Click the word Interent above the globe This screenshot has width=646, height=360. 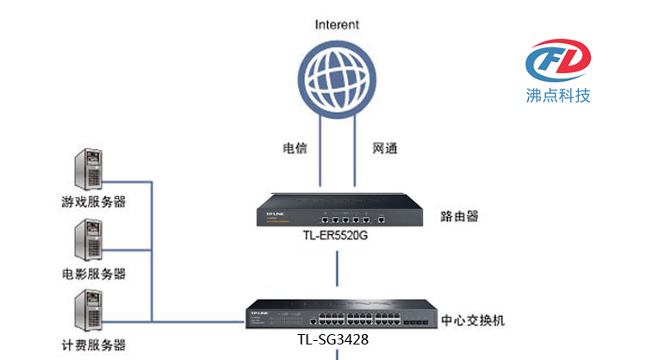[337, 25]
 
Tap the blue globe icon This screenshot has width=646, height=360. [337, 79]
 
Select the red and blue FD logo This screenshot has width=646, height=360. [558, 60]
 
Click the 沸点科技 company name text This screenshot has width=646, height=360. [558, 96]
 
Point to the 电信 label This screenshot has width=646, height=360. [295, 148]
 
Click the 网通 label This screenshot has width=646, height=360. [385, 148]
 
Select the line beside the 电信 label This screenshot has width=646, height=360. [320, 151]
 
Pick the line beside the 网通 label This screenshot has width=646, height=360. [354, 151]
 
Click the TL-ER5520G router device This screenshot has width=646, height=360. [339, 209]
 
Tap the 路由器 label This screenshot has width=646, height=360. [459, 216]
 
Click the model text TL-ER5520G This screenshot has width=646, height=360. [335, 236]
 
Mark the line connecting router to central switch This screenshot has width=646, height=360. [337, 269]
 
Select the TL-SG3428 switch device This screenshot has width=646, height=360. [341, 313]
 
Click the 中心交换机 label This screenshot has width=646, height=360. [473, 320]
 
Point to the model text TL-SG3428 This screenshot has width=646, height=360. [333, 340]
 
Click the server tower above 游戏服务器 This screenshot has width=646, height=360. [88, 170]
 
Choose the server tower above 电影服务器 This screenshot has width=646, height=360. [88, 239]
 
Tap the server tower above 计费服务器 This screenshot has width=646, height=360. [88, 310]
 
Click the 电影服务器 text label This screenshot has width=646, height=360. [94, 274]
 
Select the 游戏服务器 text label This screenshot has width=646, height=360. [94, 202]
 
